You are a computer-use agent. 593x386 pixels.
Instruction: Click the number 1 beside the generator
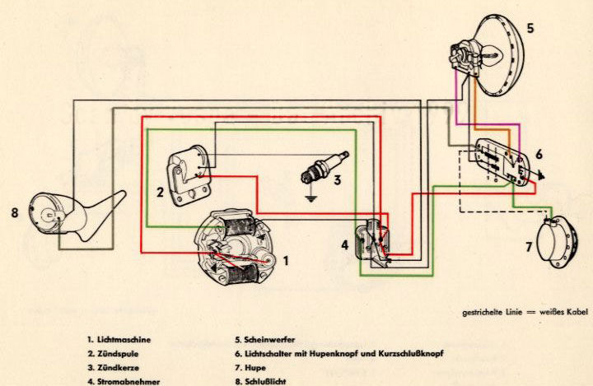(x=286, y=261)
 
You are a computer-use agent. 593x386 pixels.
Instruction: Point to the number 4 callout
(x=345, y=244)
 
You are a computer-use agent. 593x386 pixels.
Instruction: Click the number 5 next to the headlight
(x=530, y=29)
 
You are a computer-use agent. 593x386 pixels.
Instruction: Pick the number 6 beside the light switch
(x=539, y=154)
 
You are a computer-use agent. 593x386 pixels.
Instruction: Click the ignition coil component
(x=189, y=173)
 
